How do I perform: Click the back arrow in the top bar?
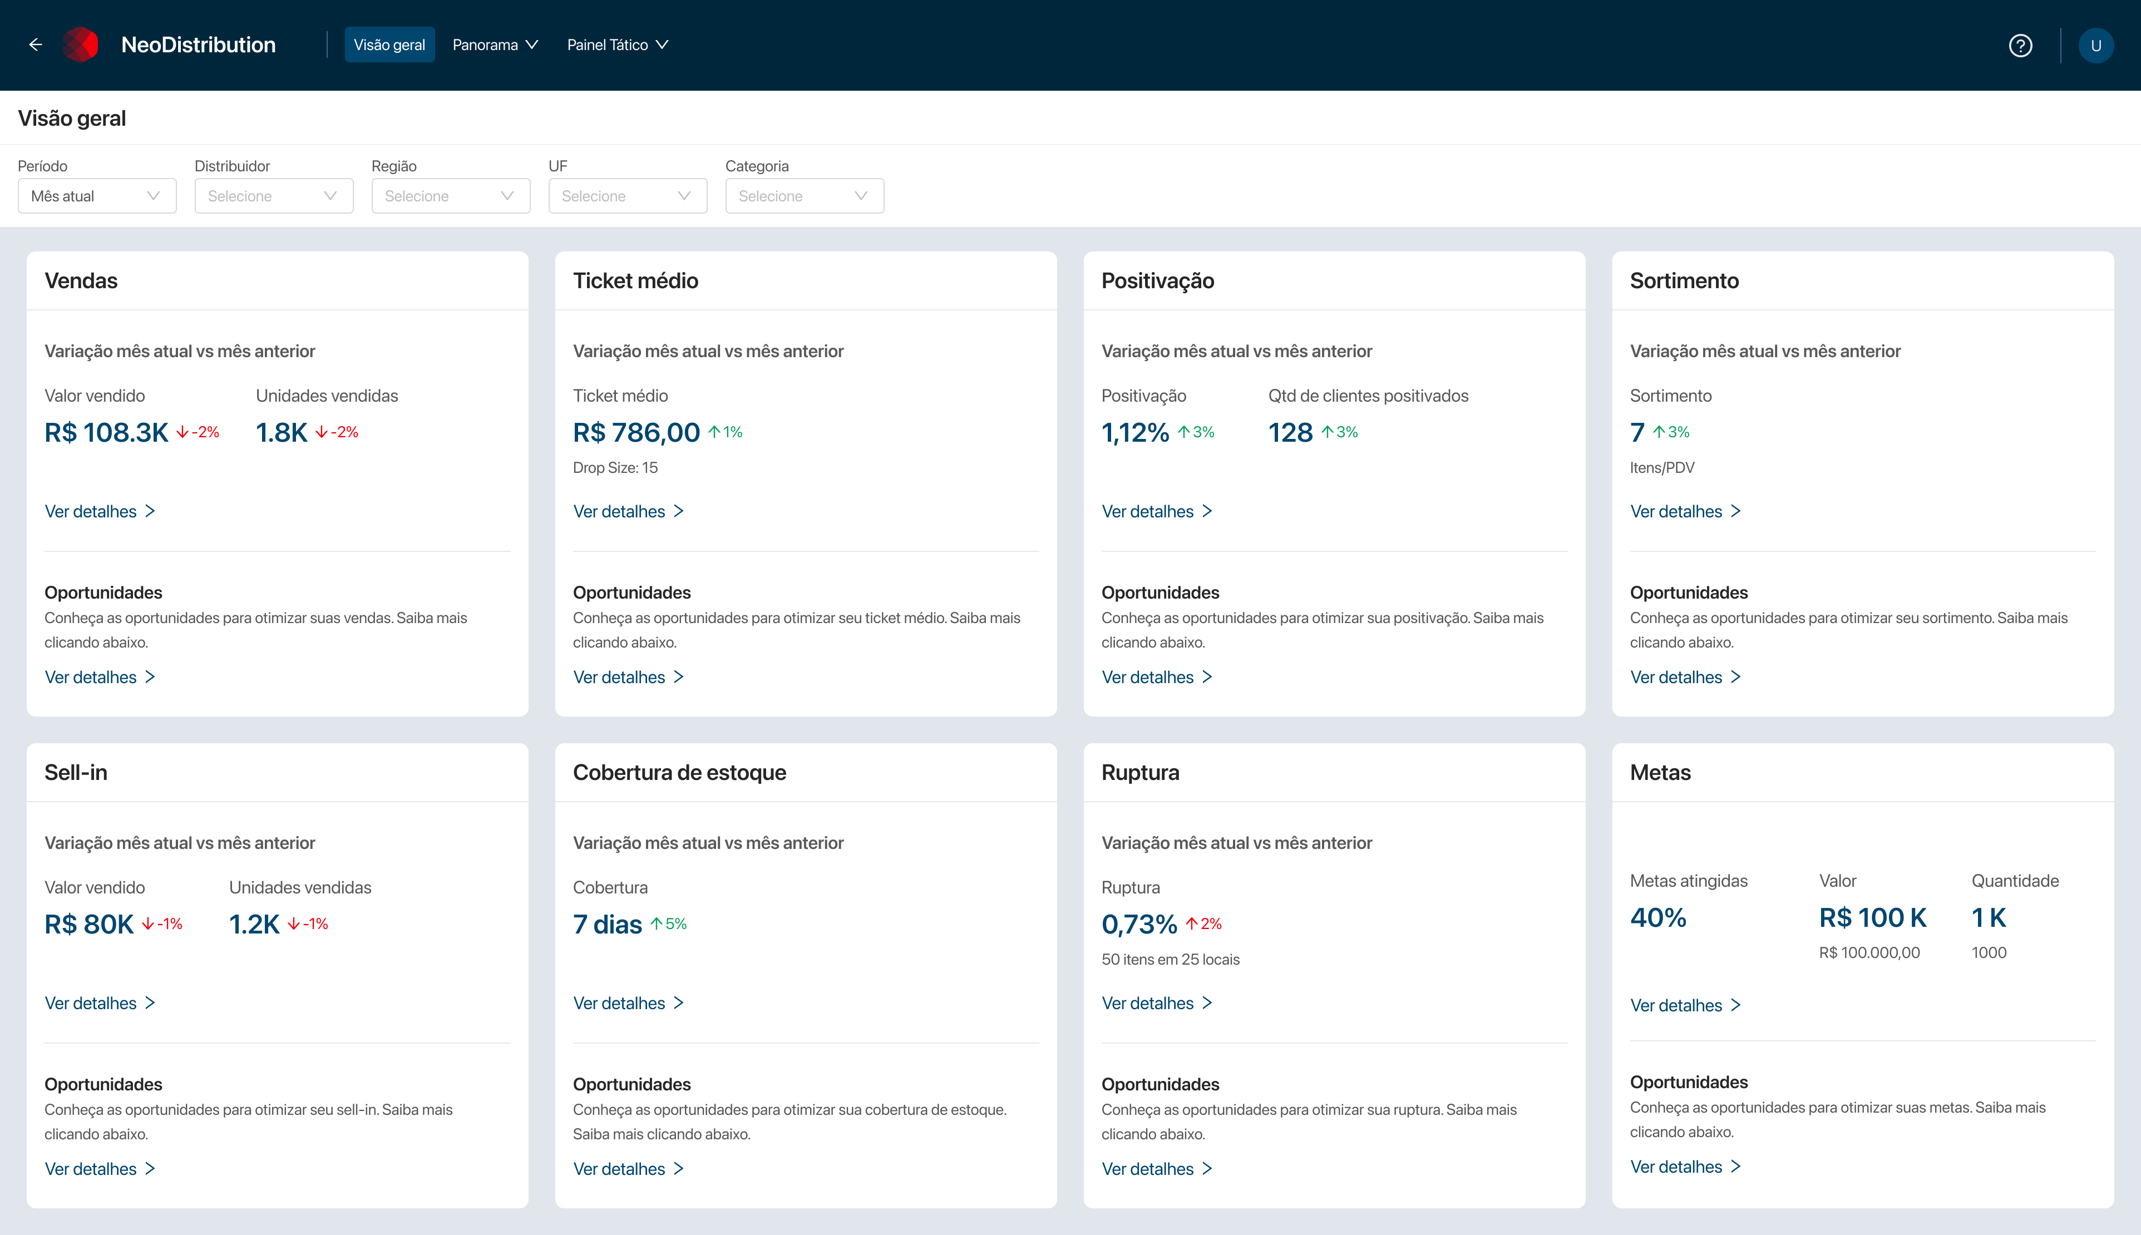tap(36, 45)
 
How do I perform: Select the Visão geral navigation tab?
tap(389, 45)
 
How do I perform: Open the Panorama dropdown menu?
tap(495, 45)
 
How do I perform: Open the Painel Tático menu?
tap(616, 45)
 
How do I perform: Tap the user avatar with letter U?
tap(2095, 46)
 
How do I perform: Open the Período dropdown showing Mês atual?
tap(97, 196)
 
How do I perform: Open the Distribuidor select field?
tap(273, 196)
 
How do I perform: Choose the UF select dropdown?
tap(627, 196)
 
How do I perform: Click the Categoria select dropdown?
tap(803, 196)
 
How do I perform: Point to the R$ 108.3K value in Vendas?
tap(107, 433)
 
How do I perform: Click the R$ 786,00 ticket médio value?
tap(636, 433)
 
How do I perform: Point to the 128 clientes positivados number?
tap(1290, 433)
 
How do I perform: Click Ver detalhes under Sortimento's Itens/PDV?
tap(1684, 511)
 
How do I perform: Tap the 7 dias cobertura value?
tap(608, 925)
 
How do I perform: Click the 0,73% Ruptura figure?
tap(1139, 925)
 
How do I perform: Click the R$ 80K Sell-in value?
tap(89, 925)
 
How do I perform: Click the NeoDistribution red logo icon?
tap(81, 45)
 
